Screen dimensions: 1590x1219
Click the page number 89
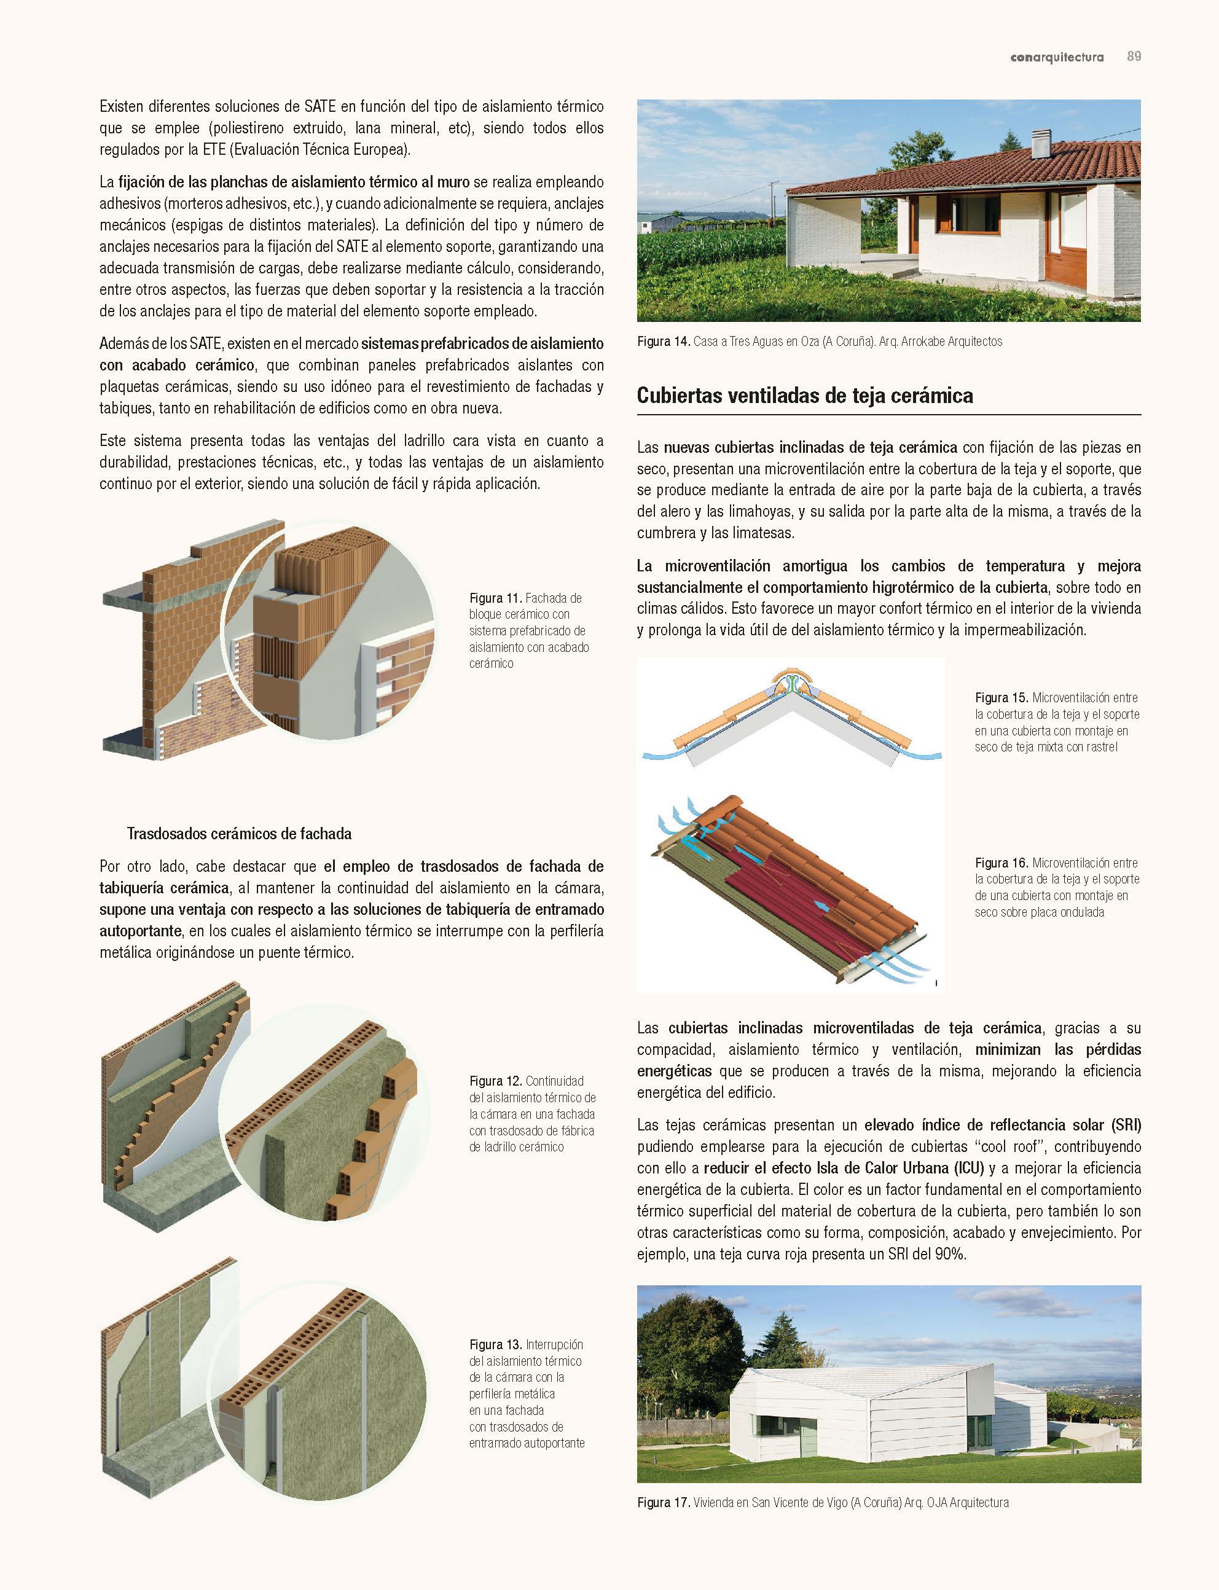(1134, 57)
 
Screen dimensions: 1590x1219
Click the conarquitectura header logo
(1056, 57)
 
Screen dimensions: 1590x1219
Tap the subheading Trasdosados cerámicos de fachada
(239, 834)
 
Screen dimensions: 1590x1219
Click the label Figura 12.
(496, 1081)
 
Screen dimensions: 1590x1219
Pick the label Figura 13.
(496, 1345)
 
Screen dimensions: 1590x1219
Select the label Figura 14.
(663, 342)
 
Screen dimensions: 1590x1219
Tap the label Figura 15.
(1001, 698)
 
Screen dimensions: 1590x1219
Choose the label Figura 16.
(1001, 863)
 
